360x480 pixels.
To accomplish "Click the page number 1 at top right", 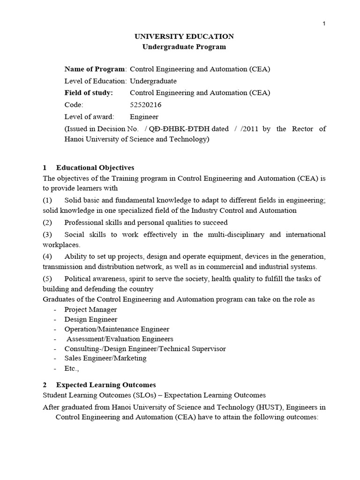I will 324,24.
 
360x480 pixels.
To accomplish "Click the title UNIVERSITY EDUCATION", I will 184,37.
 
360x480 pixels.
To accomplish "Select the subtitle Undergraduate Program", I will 184,47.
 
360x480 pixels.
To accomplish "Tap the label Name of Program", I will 95,69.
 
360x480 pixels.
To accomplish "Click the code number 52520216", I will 145,105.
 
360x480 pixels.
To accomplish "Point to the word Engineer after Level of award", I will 144,117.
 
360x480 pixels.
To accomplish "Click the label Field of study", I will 89,93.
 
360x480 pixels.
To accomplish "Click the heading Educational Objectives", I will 95,167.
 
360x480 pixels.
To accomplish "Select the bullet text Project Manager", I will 90,309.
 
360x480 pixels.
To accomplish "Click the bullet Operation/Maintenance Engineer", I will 117,329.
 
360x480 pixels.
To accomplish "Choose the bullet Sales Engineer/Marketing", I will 105,358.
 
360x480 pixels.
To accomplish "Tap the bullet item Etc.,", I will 72,368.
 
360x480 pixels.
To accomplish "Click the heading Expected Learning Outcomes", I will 106,385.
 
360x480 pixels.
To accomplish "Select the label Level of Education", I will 96,81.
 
